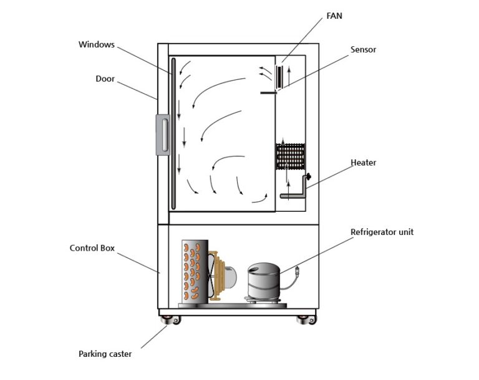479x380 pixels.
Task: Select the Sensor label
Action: click(363, 49)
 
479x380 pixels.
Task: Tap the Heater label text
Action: click(363, 162)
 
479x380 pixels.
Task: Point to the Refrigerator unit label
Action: click(382, 232)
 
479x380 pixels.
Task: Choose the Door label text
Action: click(105, 79)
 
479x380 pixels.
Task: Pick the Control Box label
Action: click(92, 247)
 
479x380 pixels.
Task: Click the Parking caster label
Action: click(105, 354)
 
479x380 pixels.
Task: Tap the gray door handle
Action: click(163, 134)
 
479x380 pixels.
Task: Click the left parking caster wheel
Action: click(169, 321)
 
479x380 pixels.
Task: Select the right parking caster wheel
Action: click(306, 321)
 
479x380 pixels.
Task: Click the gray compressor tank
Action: click(263, 283)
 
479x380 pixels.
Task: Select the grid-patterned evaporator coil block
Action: click(290, 157)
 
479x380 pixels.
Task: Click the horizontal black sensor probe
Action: click(268, 93)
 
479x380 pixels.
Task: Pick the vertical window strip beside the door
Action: click(173, 134)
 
